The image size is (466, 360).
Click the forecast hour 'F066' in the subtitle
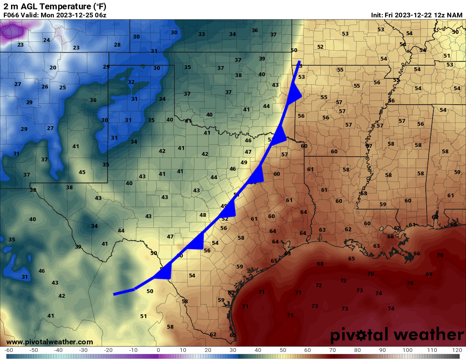[11, 15]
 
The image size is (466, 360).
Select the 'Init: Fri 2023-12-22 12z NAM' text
[416, 15]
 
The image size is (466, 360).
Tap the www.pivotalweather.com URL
[50, 342]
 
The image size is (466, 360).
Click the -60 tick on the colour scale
[8, 350]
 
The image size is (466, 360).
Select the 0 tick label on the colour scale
[158, 350]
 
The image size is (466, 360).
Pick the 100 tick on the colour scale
[408, 350]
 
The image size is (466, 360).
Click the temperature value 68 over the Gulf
[320, 264]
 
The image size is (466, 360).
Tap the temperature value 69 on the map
[429, 274]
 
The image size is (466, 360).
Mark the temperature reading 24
[47, 40]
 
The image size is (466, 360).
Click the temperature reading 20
[53, 68]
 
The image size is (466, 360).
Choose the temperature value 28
[117, 45]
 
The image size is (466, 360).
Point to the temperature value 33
[202, 34]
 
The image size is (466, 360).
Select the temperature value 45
[82, 172]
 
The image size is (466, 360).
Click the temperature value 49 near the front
[244, 163]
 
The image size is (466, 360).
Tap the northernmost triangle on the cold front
[294, 94]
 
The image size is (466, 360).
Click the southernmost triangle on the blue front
[164, 272]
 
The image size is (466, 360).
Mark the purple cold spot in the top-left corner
[13, 30]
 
